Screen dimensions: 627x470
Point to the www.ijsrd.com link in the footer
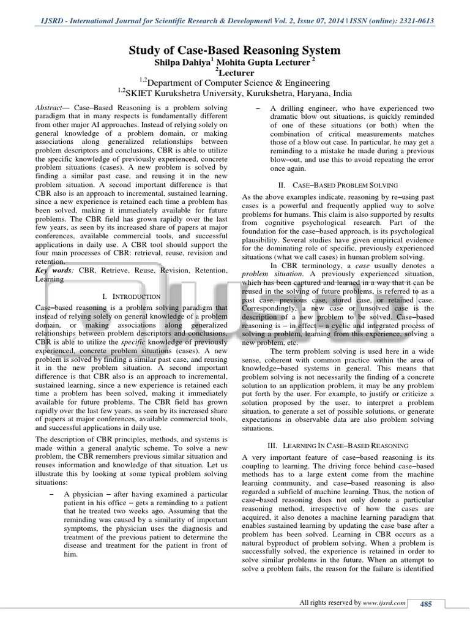(384, 604)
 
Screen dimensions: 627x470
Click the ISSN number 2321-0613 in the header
(414, 21)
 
